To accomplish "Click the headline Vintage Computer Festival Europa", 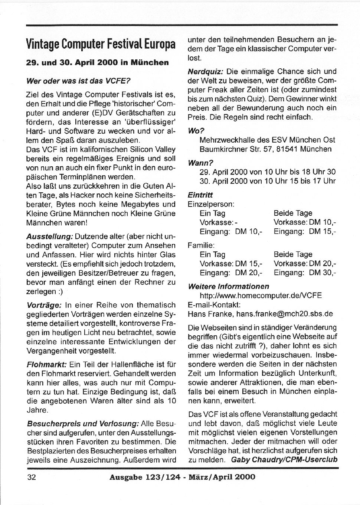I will coord(101,44).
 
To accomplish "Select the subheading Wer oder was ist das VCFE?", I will coord(78,81).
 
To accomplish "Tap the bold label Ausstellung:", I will coord(50,237).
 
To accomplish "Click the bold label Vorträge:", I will coord(44,305).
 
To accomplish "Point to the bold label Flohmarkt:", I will coord(47,365).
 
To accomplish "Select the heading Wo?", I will coord(196,131).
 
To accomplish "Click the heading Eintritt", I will coord(200,195).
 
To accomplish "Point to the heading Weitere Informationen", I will coord(228,287).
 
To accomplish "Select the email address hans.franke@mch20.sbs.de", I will coord(284,314).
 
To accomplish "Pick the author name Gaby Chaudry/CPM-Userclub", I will coord(284,460).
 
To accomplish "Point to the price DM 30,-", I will coord(323,273).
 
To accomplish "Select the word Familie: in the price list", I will coord(201,245).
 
